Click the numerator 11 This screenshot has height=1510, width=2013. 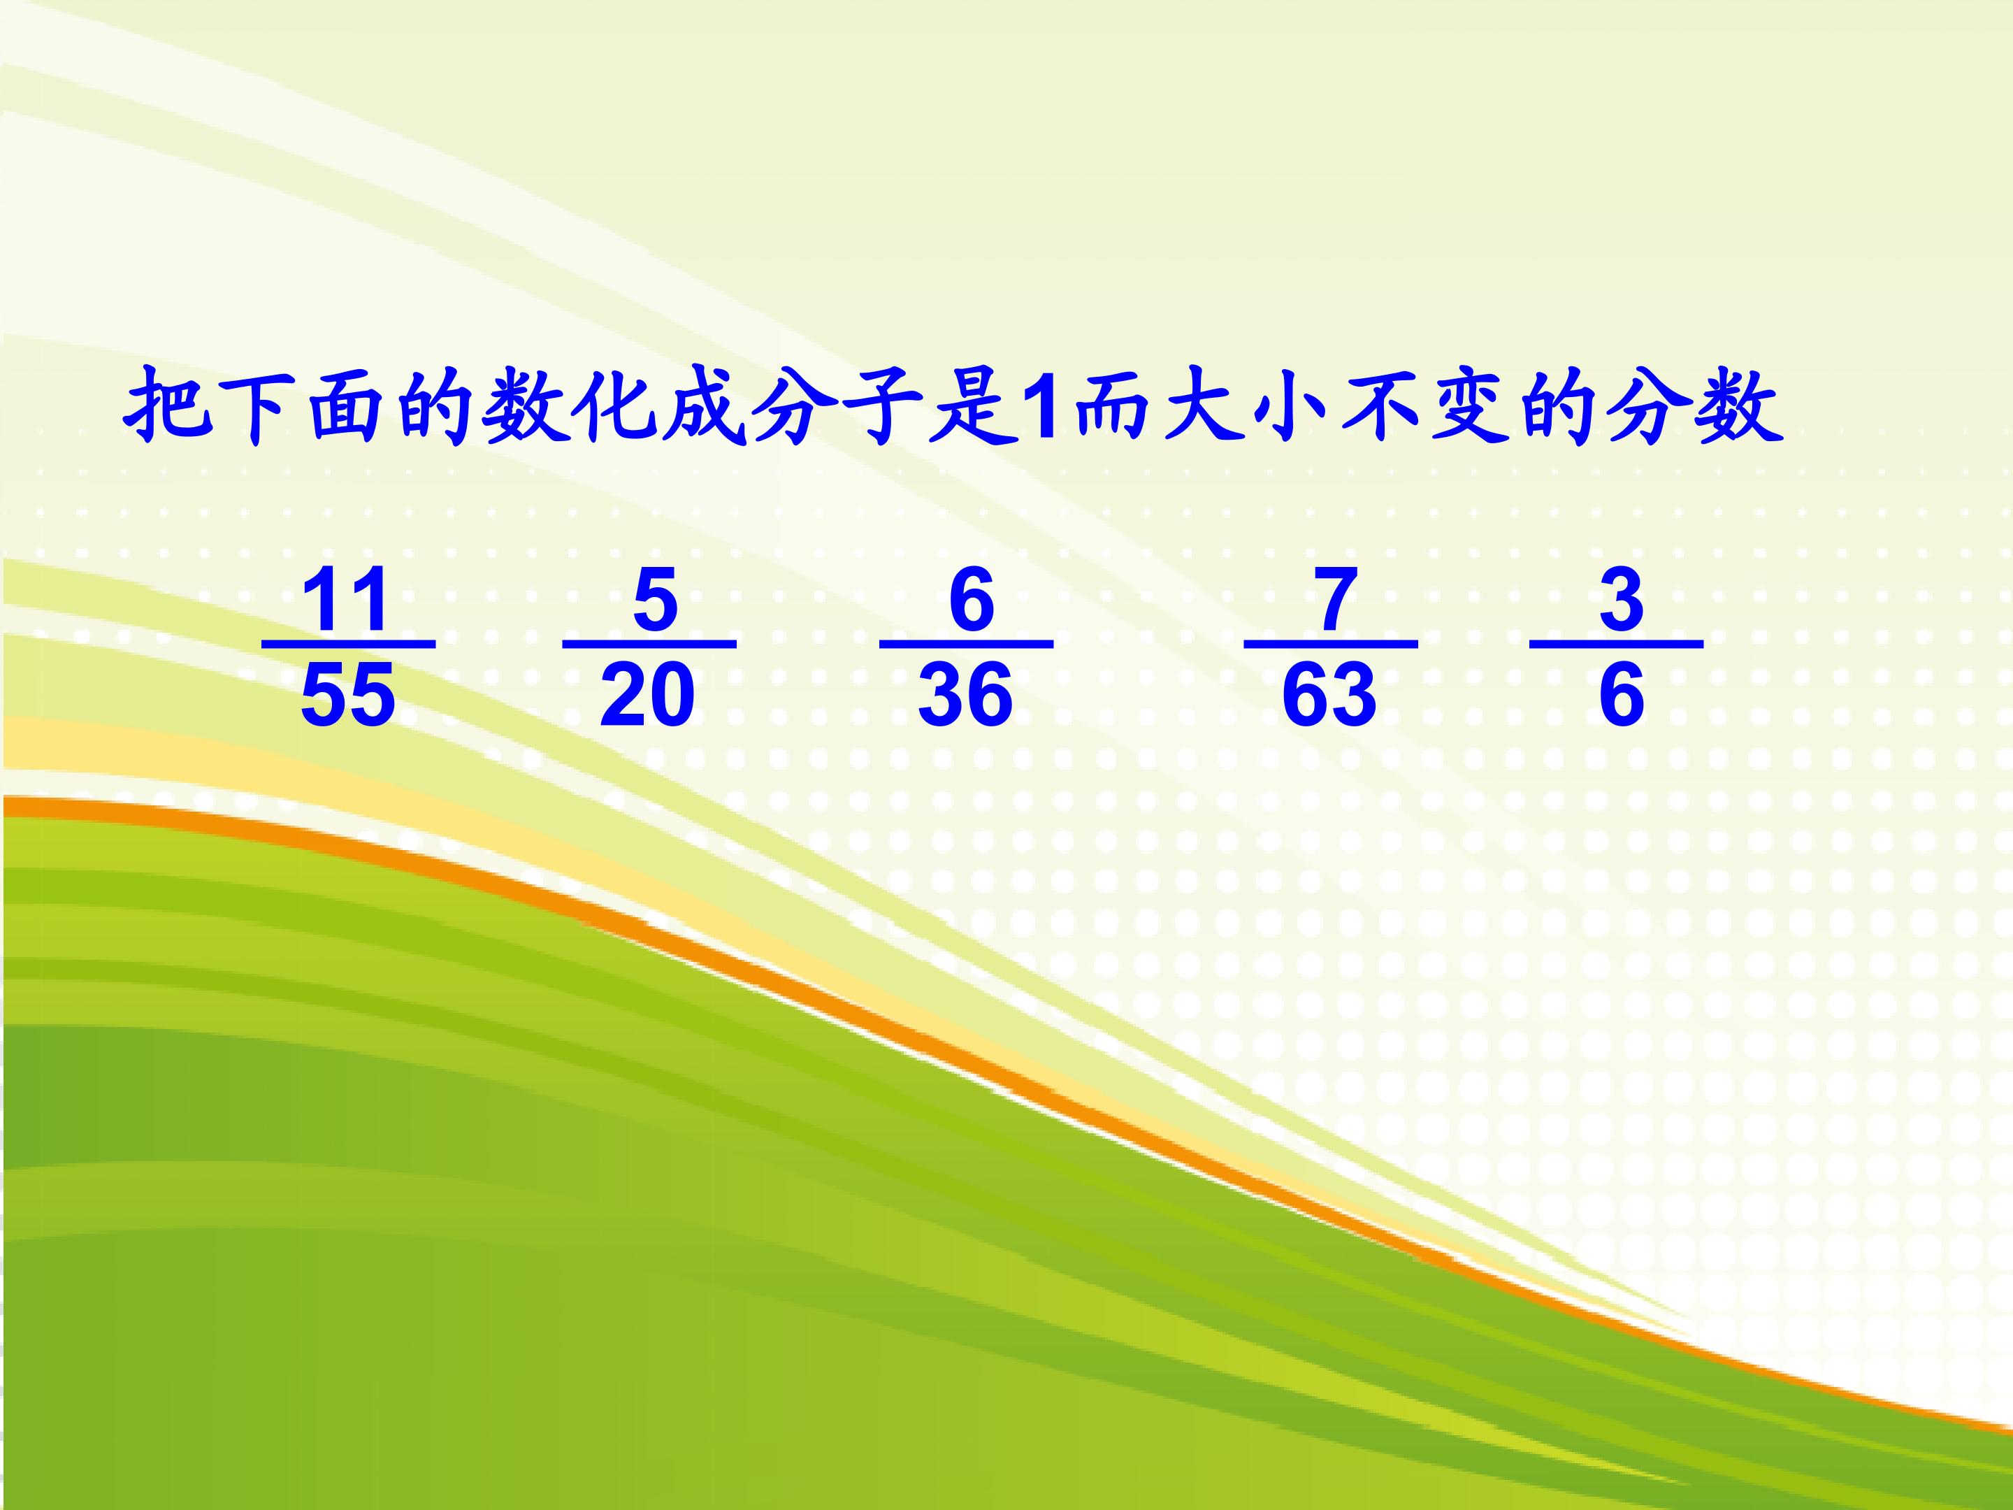(x=347, y=600)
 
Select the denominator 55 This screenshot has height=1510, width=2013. (x=347, y=694)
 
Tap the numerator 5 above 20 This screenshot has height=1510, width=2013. (x=655, y=600)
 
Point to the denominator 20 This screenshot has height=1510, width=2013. (x=647, y=694)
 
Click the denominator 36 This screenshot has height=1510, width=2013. (x=965, y=694)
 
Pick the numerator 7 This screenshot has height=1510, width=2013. (x=1335, y=600)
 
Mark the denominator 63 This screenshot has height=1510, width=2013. (x=1329, y=694)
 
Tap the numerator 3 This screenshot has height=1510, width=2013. (x=1622, y=600)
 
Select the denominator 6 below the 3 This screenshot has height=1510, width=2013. (x=1622, y=694)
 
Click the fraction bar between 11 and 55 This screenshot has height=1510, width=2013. (x=349, y=644)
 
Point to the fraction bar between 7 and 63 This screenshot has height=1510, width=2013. (x=1331, y=644)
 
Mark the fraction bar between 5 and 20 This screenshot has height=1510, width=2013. (x=649, y=644)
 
